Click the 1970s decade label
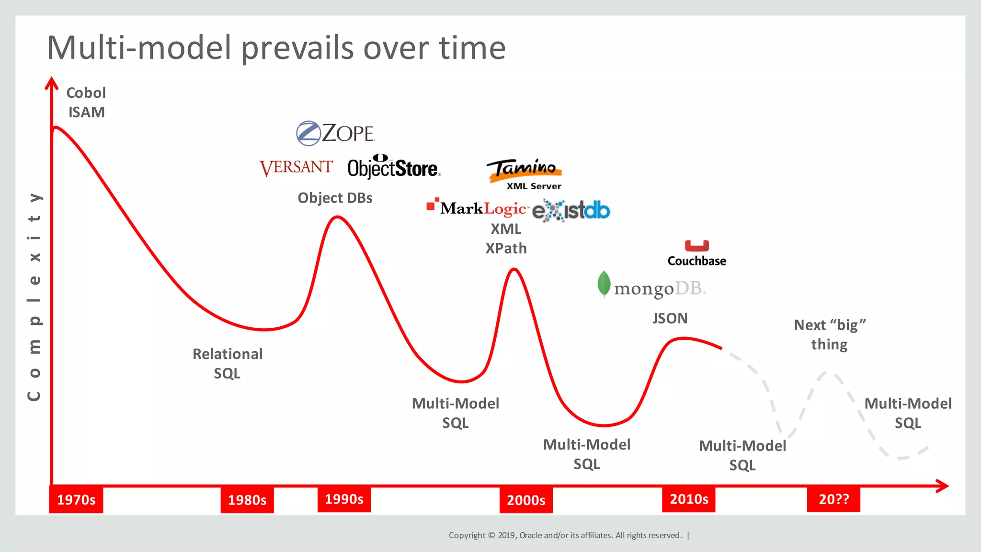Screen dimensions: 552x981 (x=76, y=500)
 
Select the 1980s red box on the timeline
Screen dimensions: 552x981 (x=247, y=500)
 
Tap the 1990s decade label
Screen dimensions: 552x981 (x=344, y=499)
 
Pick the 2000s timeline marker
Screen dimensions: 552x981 (x=526, y=500)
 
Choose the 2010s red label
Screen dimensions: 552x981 (x=689, y=499)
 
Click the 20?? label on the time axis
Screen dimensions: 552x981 (x=833, y=499)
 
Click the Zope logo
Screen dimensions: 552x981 (x=335, y=133)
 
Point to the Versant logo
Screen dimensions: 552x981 (x=296, y=167)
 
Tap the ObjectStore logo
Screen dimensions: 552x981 (x=394, y=167)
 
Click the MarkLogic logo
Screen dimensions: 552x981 (x=478, y=208)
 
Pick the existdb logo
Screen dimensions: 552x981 (x=571, y=210)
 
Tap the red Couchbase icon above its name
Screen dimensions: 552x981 (x=696, y=245)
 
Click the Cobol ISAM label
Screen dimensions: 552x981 (x=86, y=102)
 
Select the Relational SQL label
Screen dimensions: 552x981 (x=228, y=363)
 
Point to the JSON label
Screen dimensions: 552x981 (x=670, y=318)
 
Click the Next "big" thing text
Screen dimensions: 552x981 (x=830, y=334)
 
